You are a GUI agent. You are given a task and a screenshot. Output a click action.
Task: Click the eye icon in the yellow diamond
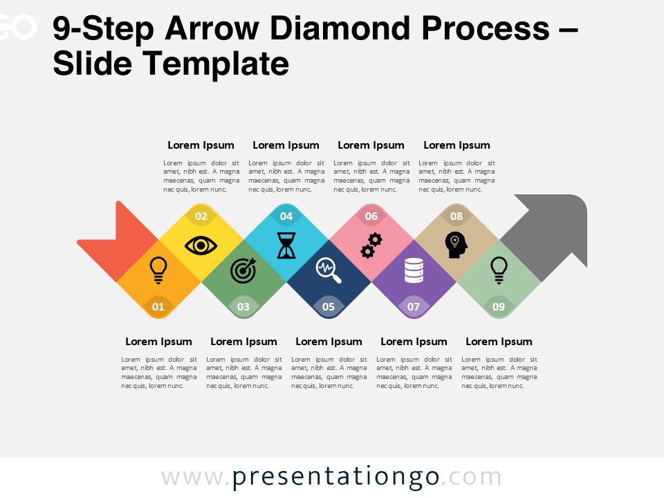coord(201,246)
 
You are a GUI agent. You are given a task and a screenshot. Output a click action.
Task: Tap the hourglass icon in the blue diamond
coord(286,245)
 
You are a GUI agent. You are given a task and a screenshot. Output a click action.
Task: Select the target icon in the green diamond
coord(243,270)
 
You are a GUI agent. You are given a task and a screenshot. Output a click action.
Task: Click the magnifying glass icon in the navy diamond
coord(329,270)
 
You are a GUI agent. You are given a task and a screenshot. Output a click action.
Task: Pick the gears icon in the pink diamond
coord(371,246)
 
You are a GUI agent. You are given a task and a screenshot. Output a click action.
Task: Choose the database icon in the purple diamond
coord(414,270)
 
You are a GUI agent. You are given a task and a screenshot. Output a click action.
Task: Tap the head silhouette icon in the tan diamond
coord(456,246)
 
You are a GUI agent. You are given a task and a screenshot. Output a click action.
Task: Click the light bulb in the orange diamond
coord(158,270)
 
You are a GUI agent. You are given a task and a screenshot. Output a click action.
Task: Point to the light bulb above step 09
coord(498,270)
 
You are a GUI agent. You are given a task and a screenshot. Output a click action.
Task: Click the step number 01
coord(158,306)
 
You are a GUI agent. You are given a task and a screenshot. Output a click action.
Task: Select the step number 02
coord(201,216)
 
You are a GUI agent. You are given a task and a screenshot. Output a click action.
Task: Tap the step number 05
coord(329,306)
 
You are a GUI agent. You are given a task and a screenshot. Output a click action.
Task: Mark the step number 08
coord(456,216)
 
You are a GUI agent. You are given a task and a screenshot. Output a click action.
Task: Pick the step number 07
coord(414,306)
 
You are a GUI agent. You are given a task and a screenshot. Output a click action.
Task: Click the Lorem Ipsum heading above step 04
coord(286,145)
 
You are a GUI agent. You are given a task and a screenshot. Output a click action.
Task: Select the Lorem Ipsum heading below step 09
coord(499,342)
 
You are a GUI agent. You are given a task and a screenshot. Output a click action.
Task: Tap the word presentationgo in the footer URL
coord(335,477)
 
